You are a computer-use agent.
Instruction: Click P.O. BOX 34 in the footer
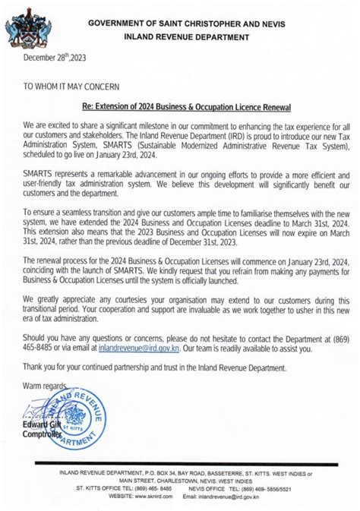pos(159,473)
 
